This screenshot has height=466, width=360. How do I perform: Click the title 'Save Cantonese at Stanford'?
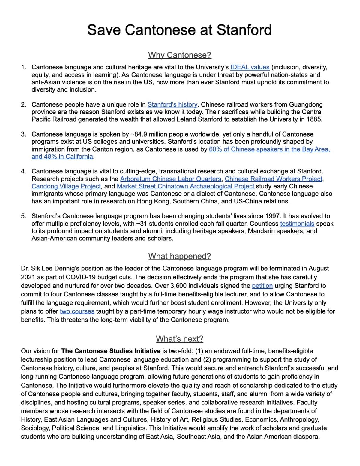point(179,30)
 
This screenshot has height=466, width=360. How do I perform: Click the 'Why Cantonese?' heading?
point(179,55)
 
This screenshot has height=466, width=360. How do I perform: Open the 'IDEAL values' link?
point(250,67)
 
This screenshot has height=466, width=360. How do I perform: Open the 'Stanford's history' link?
point(172,104)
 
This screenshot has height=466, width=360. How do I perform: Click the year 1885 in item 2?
point(314,119)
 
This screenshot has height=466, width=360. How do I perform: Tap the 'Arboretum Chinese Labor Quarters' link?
point(171,179)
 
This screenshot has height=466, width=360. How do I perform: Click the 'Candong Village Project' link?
point(66,186)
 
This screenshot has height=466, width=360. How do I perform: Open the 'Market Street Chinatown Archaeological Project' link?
point(185,186)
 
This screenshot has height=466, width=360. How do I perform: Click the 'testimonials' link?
point(297,224)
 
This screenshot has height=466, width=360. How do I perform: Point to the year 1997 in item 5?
point(273,216)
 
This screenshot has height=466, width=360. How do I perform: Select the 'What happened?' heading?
point(179,256)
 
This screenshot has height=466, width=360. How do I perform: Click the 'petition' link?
point(262,286)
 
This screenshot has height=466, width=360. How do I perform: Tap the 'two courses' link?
point(77,311)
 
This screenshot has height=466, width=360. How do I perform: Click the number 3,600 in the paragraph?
point(178,286)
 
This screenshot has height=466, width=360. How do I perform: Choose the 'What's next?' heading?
point(179,339)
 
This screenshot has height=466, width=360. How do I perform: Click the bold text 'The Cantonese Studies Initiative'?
point(111,351)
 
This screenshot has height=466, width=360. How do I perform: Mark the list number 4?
point(23,171)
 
